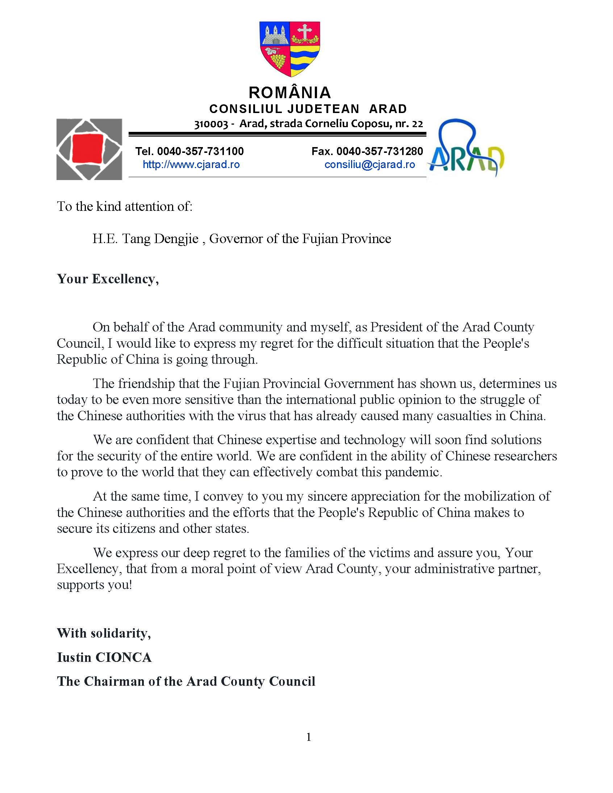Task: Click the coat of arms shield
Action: pyautogui.click(x=289, y=49)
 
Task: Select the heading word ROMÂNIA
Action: pyautogui.click(x=289, y=93)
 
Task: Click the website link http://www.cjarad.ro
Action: pyautogui.click(x=191, y=164)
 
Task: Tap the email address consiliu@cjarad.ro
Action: pyautogui.click(x=369, y=164)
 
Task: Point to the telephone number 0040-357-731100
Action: pyautogui.click(x=200, y=151)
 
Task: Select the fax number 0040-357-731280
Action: pyautogui.click(x=379, y=151)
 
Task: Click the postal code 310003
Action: pyautogui.click(x=210, y=124)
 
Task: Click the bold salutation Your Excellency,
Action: pyautogui.click(x=108, y=279)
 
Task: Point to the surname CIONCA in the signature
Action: pyautogui.click(x=123, y=657)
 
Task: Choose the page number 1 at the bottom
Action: pyautogui.click(x=308, y=737)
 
